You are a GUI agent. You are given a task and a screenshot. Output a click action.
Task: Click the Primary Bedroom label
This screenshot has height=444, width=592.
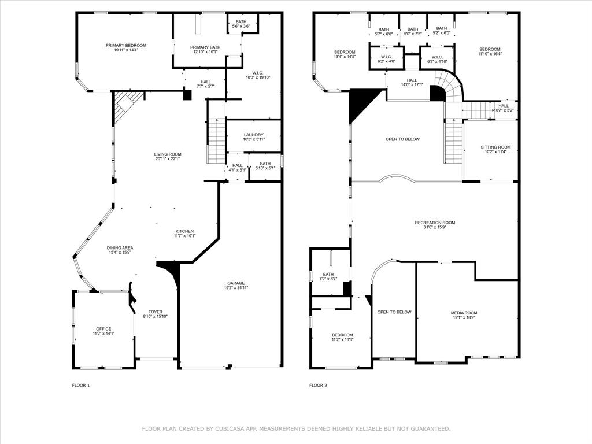[x=125, y=45]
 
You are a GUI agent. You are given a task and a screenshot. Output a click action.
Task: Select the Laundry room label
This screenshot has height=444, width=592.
[x=253, y=135]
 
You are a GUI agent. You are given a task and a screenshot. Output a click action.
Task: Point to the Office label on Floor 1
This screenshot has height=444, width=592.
[x=103, y=329]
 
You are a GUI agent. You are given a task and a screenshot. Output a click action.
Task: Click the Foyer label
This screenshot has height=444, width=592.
[x=156, y=312]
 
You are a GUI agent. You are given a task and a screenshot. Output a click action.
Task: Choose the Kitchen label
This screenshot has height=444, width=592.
[x=185, y=231]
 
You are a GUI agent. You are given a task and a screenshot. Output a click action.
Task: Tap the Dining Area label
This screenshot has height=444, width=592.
[x=120, y=247]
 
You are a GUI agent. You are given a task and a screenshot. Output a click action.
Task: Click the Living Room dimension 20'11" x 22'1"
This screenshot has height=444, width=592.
[x=168, y=159]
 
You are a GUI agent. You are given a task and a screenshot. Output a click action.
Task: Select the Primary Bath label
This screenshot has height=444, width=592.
[x=205, y=47]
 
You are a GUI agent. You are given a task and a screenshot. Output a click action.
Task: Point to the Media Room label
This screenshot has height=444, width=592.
[x=464, y=313]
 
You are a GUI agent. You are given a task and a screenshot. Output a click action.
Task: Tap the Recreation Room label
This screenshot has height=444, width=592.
[x=435, y=223]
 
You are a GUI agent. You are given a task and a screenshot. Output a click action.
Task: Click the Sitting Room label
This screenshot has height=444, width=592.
[x=495, y=147]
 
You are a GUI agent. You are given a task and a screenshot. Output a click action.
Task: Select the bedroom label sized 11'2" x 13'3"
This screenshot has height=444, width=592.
[x=342, y=335]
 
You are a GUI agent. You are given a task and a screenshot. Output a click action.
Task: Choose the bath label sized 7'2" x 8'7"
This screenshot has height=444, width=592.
[x=328, y=275]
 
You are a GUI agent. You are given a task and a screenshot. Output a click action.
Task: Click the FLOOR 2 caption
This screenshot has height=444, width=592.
[x=318, y=385]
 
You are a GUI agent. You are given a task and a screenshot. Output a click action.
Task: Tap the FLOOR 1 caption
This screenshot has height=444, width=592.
[x=81, y=385]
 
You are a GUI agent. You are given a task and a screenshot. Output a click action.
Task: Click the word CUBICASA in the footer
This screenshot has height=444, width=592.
[x=232, y=428]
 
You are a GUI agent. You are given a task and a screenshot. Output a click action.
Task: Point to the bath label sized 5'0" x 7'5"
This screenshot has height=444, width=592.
[x=413, y=29]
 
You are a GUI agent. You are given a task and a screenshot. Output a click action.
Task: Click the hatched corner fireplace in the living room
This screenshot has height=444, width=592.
[x=124, y=104]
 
